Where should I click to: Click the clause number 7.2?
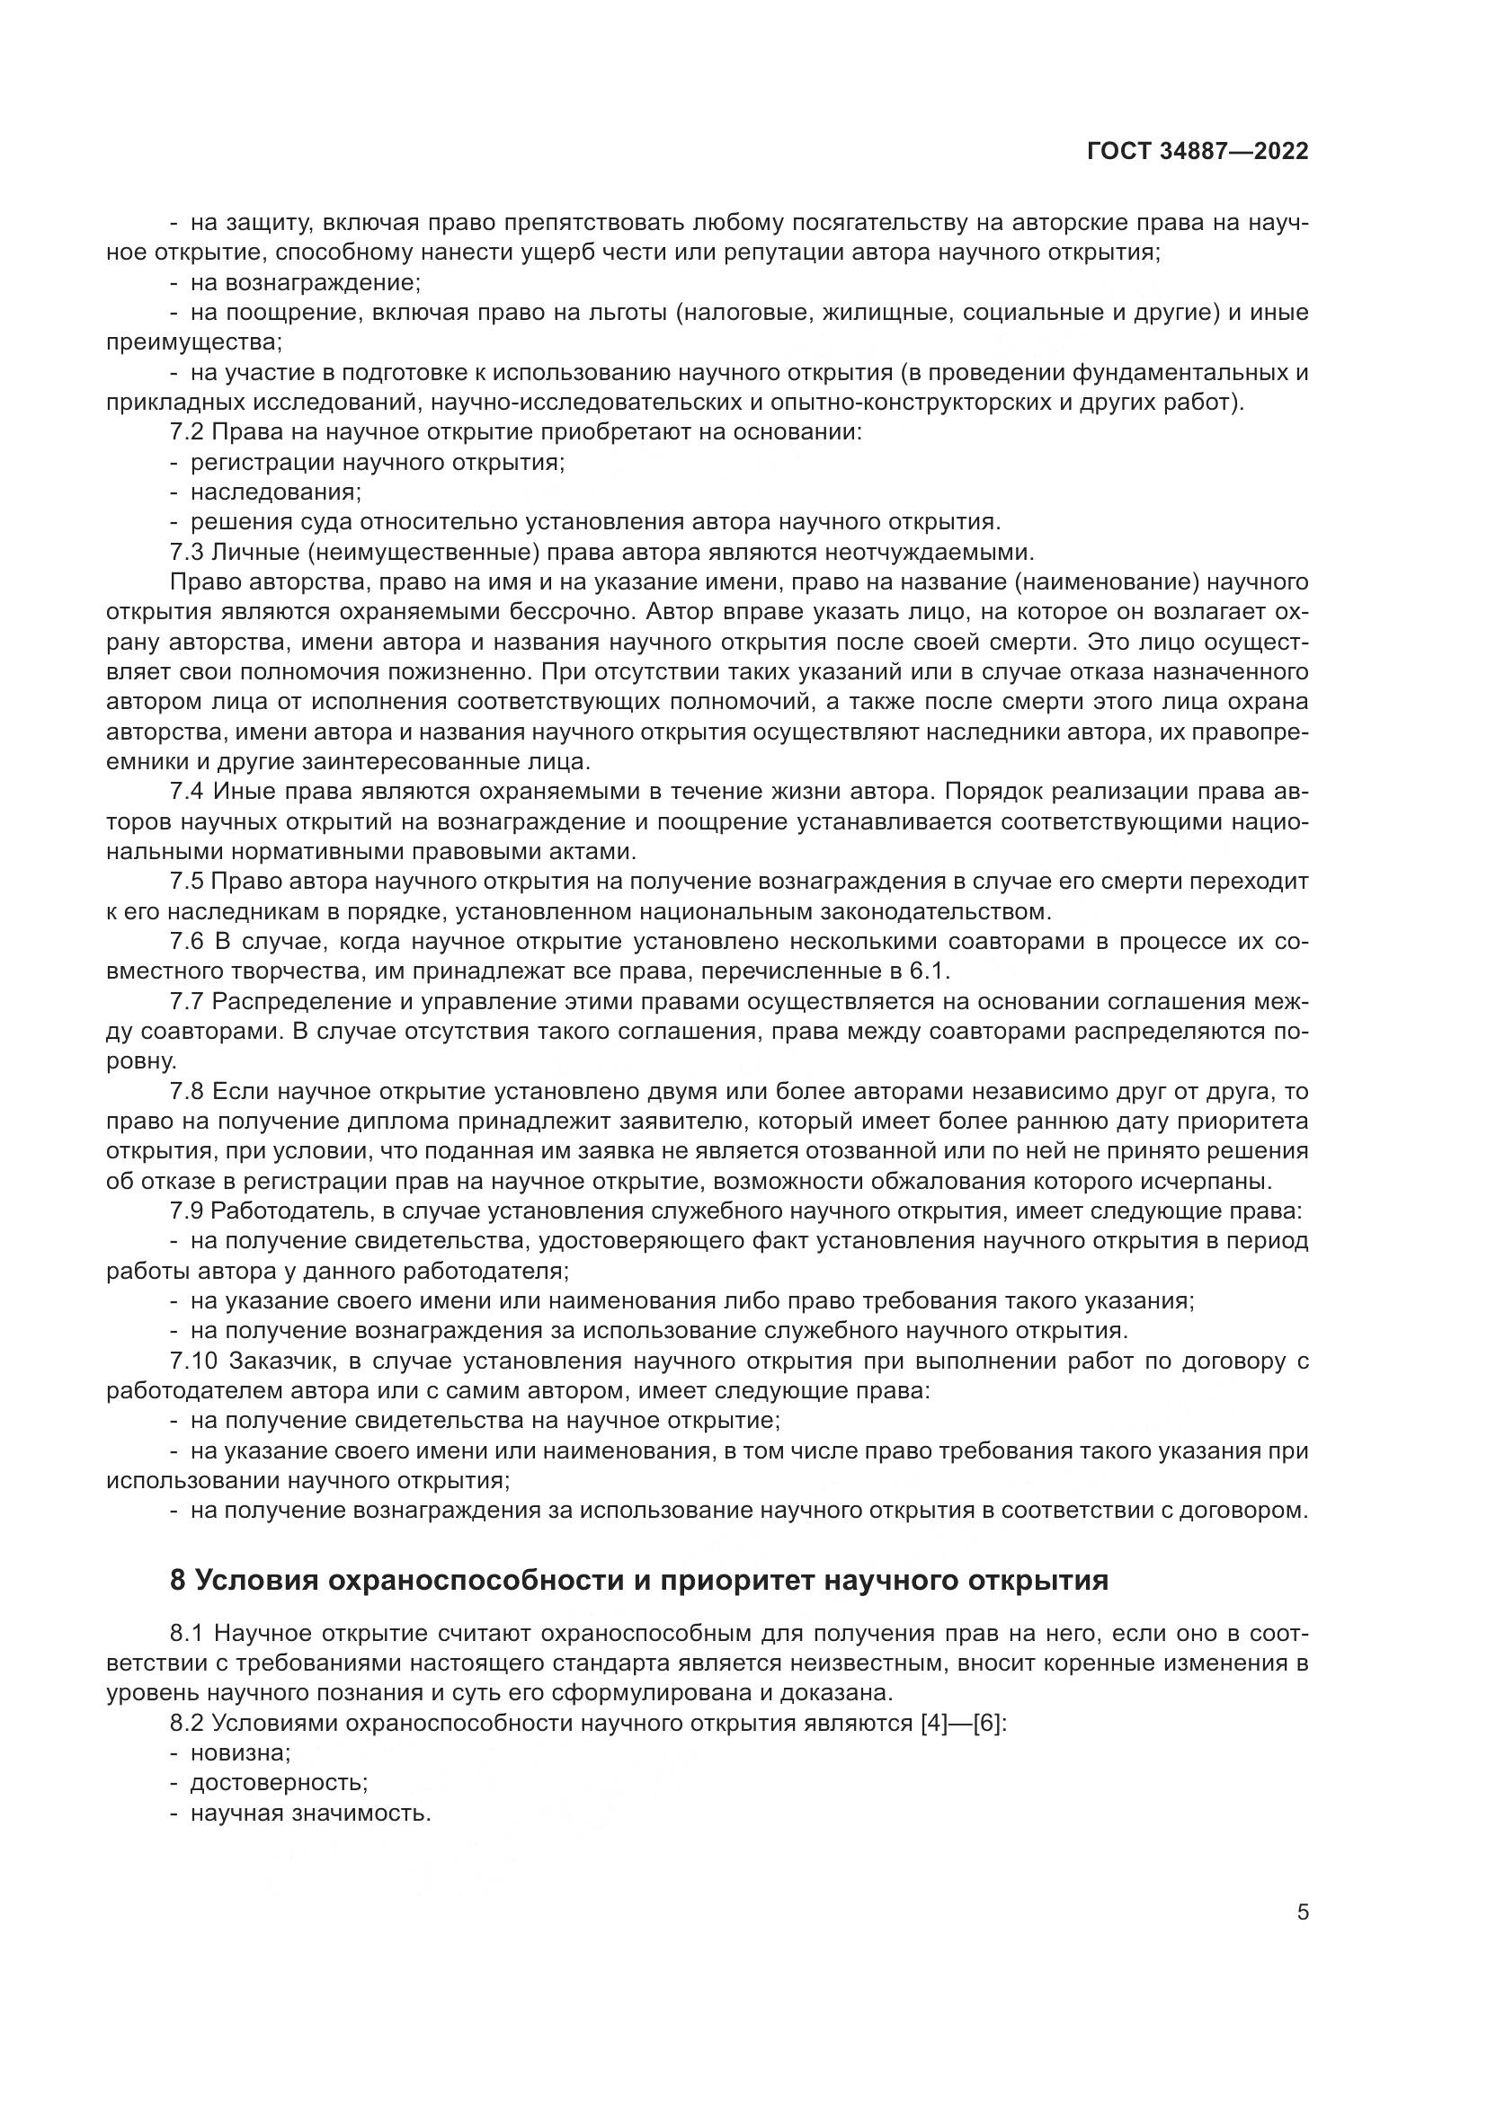tap(187, 432)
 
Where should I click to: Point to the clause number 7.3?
tap(187, 552)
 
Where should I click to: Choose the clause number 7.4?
tap(187, 792)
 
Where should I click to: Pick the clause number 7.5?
tap(187, 882)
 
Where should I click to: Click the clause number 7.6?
tap(187, 942)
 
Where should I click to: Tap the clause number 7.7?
tap(187, 1001)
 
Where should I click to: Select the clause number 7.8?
tap(187, 1091)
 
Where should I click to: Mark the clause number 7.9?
tap(187, 1211)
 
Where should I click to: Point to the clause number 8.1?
tap(187, 1633)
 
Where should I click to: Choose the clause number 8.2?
tap(187, 1723)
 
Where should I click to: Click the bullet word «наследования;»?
tap(276, 492)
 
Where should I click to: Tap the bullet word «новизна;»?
tap(240, 1753)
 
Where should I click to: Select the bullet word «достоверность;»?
tap(279, 1782)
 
